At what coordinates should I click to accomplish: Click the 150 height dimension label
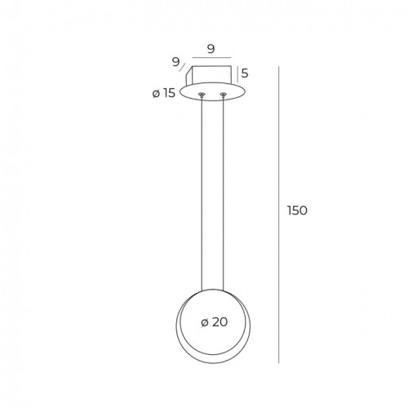pos(297,211)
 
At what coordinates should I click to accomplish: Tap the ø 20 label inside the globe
pos(215,322)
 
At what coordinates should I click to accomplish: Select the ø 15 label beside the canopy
pos(164,93)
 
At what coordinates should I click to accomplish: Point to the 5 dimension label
pos(245,73)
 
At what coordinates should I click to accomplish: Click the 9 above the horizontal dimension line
pos(211,49)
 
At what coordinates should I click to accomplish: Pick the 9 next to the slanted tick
pos(176,62)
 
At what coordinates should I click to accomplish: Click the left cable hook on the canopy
pos(202,95)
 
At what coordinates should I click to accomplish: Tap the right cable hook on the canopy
pos(223,95)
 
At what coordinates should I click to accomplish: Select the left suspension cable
pos(202,193)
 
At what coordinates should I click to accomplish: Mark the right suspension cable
pos(223,193)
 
